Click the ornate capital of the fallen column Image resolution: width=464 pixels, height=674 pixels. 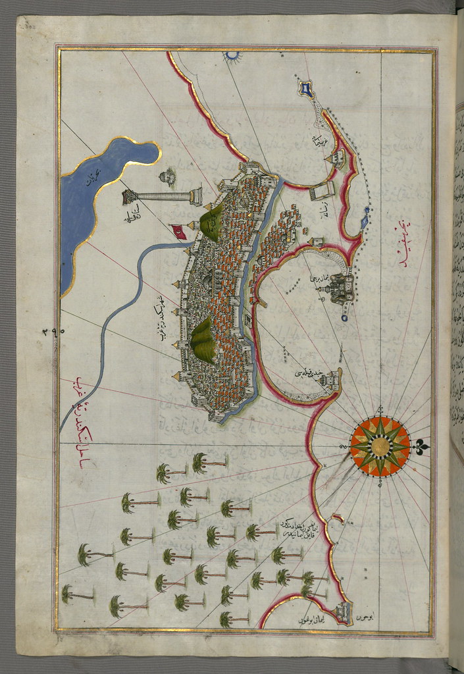pos(195,195)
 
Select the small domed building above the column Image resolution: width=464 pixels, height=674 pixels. pos(168,176)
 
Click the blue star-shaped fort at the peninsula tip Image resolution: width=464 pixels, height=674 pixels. pos(306,88)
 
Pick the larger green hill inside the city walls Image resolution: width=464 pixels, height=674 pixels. pos(203,340)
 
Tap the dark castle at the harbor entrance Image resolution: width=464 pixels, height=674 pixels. pos(343,288)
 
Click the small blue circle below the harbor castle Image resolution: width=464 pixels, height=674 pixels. pos(345,319)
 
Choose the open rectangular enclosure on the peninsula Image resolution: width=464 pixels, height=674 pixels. pos(322,190)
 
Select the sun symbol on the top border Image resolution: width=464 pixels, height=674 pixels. pos(231,56)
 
